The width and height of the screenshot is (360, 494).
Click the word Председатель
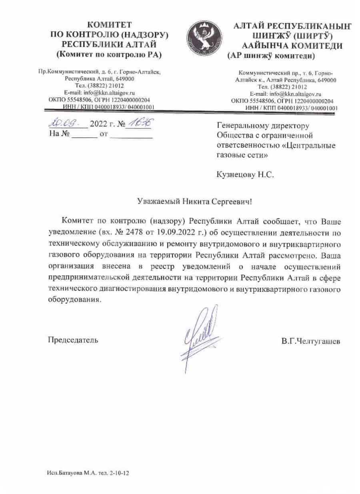73,340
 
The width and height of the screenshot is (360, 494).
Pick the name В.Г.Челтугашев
310,342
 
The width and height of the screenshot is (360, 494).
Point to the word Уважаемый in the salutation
156,202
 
